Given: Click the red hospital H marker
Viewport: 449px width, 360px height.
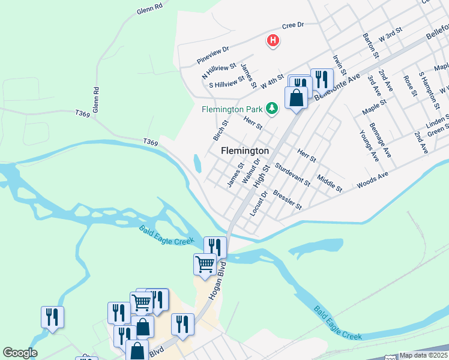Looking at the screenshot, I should [273, 41].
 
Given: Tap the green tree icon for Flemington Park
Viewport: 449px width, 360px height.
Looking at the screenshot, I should [273, 108].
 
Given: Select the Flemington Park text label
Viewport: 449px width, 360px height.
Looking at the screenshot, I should [232, 110].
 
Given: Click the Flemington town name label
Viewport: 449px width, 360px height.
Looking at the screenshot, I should [245, 151].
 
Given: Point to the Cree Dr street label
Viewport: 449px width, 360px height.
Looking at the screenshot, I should [294, 26].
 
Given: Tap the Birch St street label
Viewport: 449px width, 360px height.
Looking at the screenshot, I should [221, 130].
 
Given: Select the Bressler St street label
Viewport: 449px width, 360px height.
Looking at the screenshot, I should [287, 200].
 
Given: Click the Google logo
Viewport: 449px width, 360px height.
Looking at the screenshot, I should [20, 353].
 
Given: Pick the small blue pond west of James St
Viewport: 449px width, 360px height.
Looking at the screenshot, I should [197, 163].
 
